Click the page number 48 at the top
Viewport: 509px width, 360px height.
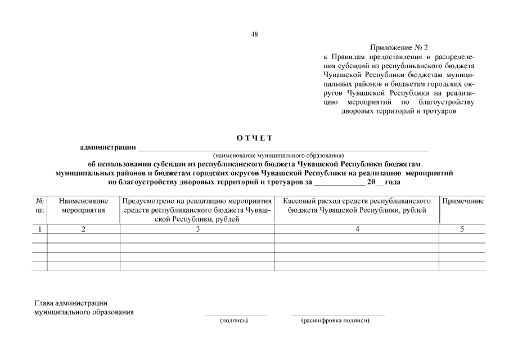click(254, 34)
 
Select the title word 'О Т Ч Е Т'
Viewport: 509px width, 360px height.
click(254, 138)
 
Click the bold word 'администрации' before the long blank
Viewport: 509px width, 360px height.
click(109, 147)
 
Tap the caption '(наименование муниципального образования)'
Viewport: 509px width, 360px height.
click(278, 155)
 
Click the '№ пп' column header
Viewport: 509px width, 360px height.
click(39, 205)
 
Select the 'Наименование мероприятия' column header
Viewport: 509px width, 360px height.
click(83, 205)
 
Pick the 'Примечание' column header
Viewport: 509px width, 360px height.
click(462, 201)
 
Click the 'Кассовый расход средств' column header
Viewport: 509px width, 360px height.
click(357, 205)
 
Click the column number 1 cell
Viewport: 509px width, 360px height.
click(39, 229)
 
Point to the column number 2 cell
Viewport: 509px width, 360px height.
click(83, 229)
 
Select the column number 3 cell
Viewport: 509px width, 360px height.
click(197, 229)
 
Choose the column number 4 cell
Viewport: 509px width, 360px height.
click(357, 229)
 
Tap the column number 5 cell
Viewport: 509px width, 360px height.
click(462, 229)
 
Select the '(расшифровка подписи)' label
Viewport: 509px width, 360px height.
click(335, 321)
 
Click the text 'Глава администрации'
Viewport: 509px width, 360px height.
click(71, 303)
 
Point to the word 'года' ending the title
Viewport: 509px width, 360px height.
click(393, 182)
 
